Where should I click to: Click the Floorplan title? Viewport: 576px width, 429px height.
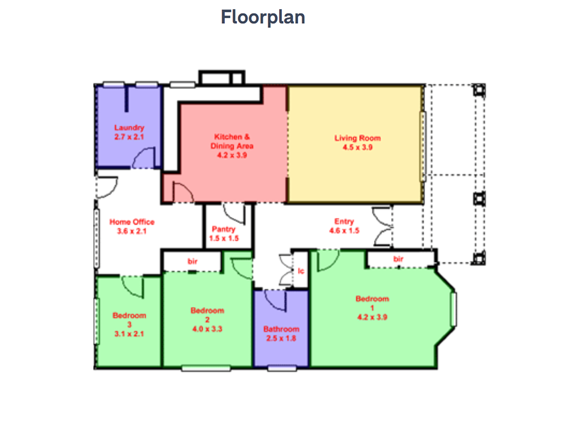(x=263, y=17)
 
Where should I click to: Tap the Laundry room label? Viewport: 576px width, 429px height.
(x=129, y=128)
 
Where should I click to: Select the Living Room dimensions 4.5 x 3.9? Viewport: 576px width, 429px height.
(x=358, y=147)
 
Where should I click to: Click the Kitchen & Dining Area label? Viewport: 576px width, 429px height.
(x=232, y=141)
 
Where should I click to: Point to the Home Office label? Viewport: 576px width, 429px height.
(x=132, y=222)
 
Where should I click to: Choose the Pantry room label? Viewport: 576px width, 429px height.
(x=223, y=229)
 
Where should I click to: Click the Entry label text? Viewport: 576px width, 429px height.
(x=344, y=222)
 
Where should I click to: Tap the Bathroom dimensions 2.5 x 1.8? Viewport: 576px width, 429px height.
(x=281, y=338)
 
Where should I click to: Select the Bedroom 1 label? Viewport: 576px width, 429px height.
(x=372, y=303)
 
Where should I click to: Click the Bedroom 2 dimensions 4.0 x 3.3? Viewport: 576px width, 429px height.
(x=207, y=329)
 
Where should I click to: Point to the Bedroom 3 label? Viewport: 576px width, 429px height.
(x=129, y=320)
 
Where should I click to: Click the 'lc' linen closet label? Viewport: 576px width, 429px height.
(x=301, y=271)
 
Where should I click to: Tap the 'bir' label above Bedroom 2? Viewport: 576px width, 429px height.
(x=192, y=261)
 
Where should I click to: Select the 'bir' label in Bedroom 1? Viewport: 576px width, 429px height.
(x=398, y=259)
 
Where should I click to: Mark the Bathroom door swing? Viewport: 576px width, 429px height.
(x=271, y=304)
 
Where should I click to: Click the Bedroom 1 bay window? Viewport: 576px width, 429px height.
(x=454, y=309)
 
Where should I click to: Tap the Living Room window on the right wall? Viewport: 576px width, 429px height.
(x=423, y=146)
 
